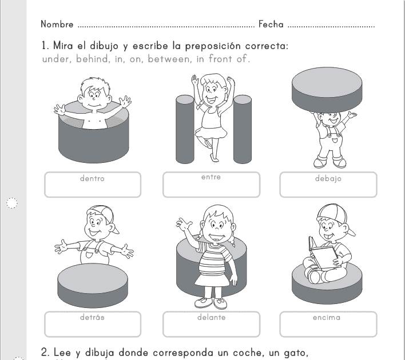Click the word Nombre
pos(57,24)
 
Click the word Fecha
pos(271,24)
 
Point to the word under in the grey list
pos(55,59)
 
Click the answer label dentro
pos(92,178)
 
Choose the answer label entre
pos(211,177)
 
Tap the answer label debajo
pos(328,179)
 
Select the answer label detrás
pos(92,317)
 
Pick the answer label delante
pos(211,317)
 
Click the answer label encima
pos(327,317)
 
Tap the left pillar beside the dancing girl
pos(185,129)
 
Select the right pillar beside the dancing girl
pos(243,129)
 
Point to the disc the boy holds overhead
pos(327,90)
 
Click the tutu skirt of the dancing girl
pos(211,133)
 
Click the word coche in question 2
pos(245,353)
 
